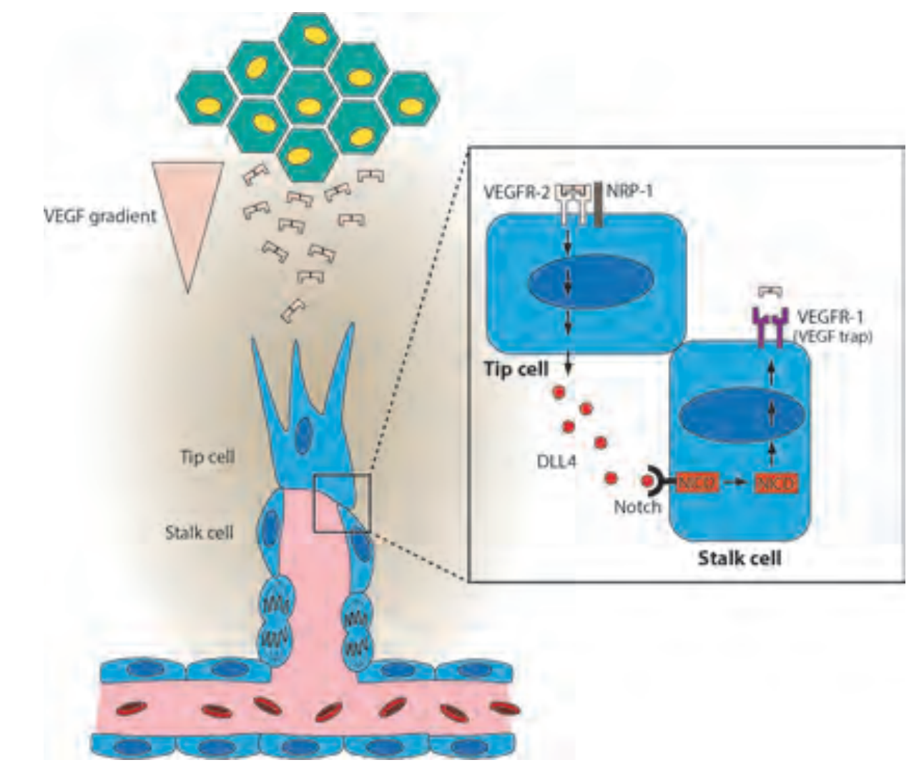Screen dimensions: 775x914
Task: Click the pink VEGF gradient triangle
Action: click(x=185, y=207)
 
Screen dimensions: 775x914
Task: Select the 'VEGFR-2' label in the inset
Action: click(x=516, y=191)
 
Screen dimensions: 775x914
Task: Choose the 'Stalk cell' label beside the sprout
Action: click(x=200, y=533)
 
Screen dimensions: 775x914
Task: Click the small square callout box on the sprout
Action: click(x=343, y=503)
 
